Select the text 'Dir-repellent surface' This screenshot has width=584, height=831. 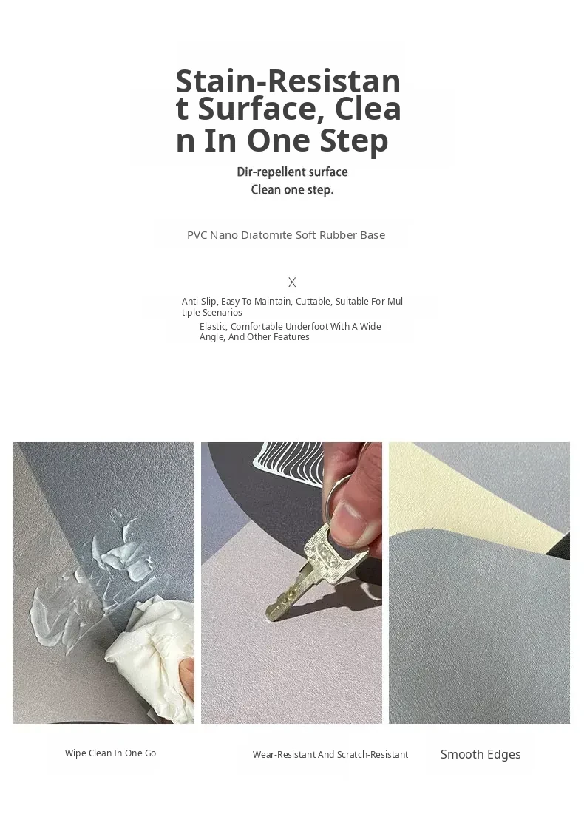pos(292,172)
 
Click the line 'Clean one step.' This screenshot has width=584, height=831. pos(292,190)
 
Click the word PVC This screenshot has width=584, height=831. pos(197,235)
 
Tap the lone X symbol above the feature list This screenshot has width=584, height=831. pos(292,282)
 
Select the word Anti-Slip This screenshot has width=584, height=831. pos(200,302)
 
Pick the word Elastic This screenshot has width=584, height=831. pos(213,327)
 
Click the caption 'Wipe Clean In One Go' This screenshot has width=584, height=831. pos(110,753)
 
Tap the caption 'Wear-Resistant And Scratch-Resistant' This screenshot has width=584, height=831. pos(330,754)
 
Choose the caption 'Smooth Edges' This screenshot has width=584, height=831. pos(481,754)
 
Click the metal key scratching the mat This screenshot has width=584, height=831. pos(313,567)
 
